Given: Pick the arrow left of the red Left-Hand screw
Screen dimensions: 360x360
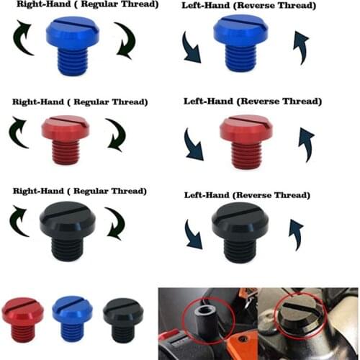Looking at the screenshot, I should (193, 144).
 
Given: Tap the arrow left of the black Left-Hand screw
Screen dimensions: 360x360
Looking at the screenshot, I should (194, 237).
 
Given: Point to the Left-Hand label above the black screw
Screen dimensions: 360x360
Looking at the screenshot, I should (247, 195).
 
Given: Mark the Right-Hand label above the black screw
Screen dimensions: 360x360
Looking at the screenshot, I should (79, 191).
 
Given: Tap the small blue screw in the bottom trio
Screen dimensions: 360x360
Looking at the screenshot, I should (72, 317).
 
